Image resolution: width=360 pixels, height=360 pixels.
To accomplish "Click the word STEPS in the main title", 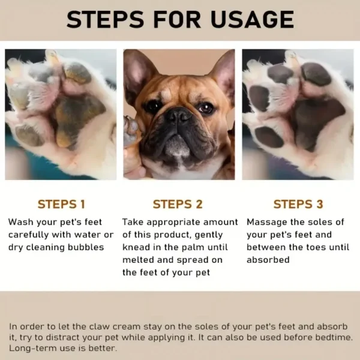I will tap(106, 19).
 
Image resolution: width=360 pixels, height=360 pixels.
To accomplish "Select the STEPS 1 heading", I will tap(61, 204).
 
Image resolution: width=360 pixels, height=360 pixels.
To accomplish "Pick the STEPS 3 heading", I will tap(298, 204).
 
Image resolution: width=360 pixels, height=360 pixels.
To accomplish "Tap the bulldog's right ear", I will tap(223, 72).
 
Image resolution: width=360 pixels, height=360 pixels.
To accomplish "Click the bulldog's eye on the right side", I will tap(205, 108).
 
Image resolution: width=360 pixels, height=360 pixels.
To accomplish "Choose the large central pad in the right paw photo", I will tap(312, 120).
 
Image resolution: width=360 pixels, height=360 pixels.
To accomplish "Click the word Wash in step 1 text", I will tap(20, 222).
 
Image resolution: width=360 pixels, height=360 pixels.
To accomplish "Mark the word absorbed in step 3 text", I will tap(268, 260).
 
